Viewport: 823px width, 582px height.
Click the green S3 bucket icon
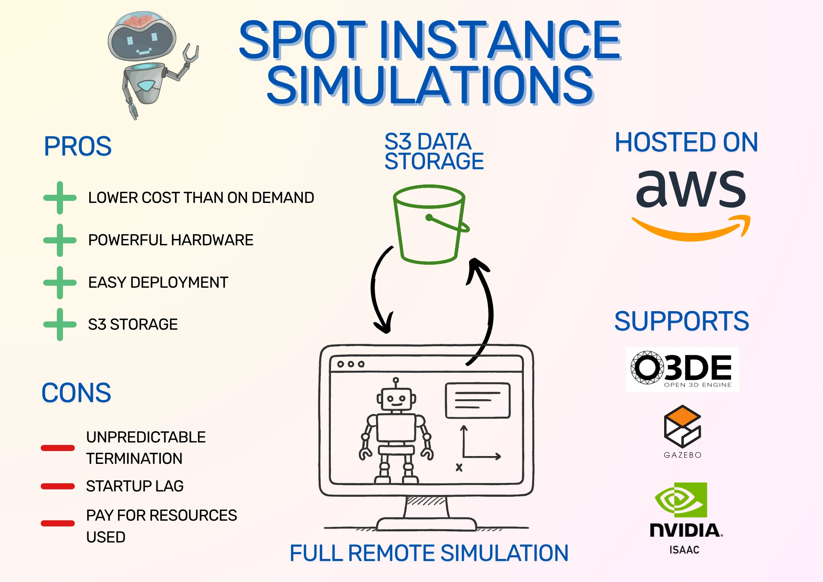pos(429,224)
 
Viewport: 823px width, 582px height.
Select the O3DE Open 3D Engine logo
pos(683,369)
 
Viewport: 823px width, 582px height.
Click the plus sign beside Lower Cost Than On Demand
pos(60,198)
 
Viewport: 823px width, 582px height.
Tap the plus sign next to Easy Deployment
pos(60,282)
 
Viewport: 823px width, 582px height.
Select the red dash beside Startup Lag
pos(58,487)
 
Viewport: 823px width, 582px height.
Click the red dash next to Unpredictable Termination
pos(58,448)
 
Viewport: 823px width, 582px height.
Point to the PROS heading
pos(78,147)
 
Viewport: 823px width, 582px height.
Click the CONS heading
pos(76,393)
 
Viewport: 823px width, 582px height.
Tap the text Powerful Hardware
pos(170,240)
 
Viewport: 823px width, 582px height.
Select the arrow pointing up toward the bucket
pos(486,309)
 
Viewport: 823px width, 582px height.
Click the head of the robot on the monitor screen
pos(396,398)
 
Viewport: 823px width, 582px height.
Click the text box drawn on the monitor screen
pos(478,400)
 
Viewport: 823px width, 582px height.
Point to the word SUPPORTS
pos(681,321)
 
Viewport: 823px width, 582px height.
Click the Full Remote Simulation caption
pos(429,553)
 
